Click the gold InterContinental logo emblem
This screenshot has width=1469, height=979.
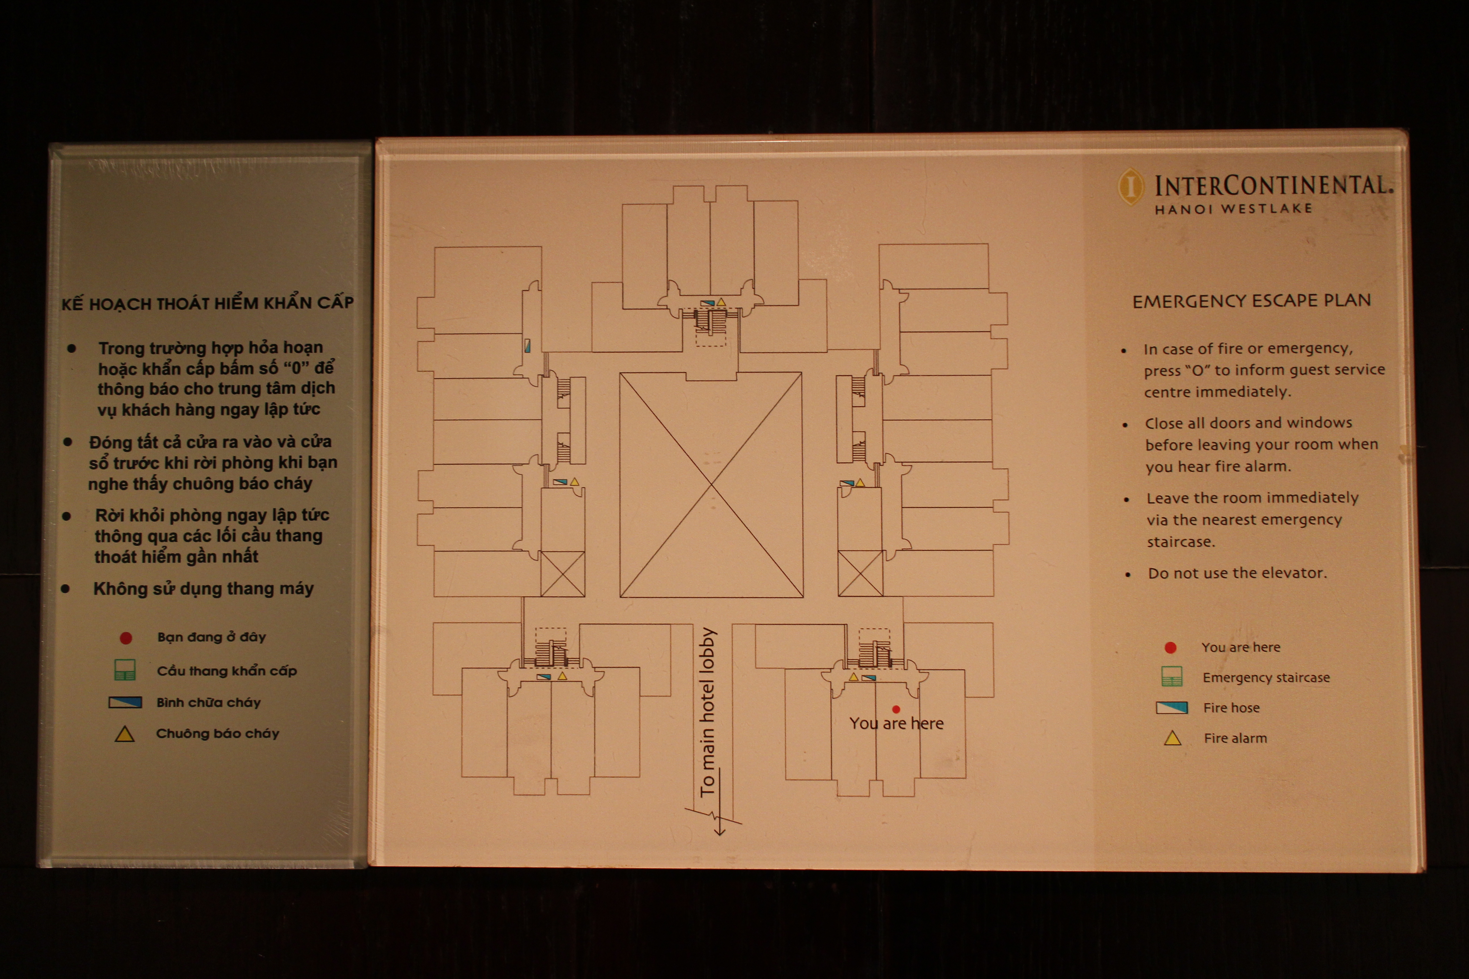(x=1130, y=186)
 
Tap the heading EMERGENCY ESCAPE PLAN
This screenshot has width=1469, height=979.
(x=1252, y=301)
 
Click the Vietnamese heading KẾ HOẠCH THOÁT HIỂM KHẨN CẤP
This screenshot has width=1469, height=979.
(x=207, y=303)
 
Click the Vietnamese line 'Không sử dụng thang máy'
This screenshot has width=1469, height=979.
(x=203, y=589)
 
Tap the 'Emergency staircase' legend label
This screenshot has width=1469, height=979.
(x=1266, y=677)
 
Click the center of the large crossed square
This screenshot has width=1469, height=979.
(x=711, y=485)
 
